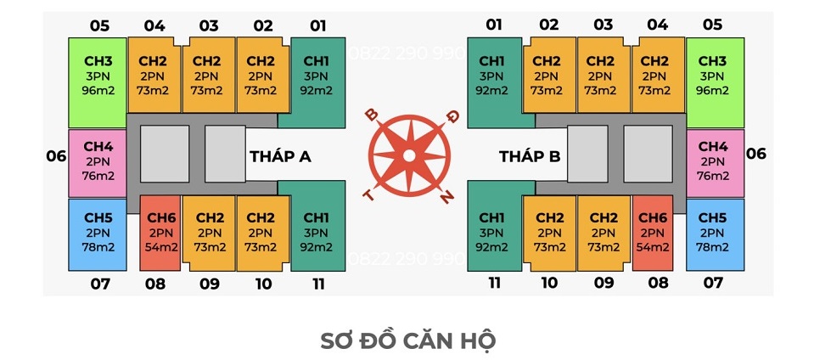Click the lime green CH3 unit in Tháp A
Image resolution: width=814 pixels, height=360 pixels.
[x=98, y=82]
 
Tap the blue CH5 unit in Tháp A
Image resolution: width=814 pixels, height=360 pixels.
[x=98, y=233]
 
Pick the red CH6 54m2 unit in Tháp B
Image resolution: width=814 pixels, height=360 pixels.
[x=653, y=233]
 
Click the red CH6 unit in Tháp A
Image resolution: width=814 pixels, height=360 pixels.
[x=160, y=233]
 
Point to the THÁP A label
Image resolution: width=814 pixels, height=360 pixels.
[x=280, y=156]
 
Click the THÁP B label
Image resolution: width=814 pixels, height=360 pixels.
[x=530, y=156]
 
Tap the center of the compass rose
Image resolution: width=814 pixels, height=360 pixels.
[x=409, y=155]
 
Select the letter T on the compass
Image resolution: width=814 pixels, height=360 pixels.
[x=368, y=194]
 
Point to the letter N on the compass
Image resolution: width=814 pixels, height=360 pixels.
[x=446, y=197]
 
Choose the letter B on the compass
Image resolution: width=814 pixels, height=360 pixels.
[x=372, y=115]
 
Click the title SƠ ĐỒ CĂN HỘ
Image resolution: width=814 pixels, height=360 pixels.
[x=408, y=340]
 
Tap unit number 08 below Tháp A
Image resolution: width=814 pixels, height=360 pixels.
[x=155, y=284]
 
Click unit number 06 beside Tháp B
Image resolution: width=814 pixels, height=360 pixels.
[x=755, y=154]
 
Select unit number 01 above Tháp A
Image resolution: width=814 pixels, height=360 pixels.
[x=318, y=25]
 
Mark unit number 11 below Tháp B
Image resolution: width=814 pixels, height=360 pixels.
[x=494, y=283]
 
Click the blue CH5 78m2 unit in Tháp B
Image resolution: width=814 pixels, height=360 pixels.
[x=715, y=233]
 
